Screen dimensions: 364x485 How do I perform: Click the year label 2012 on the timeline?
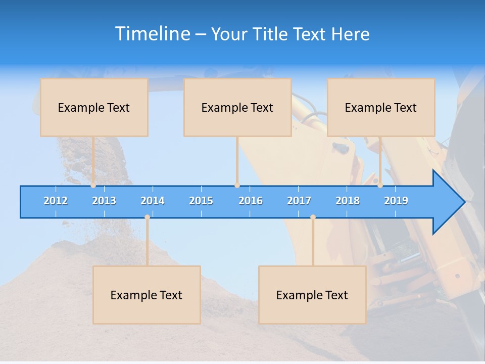(56, 201)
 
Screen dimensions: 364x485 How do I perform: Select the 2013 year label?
(104, 201)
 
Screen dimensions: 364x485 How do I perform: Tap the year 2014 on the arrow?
(153, 201)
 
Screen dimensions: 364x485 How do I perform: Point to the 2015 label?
(201, 201)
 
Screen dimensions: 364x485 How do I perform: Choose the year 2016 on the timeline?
(251, 201)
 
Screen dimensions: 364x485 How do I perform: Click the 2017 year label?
(299, 201)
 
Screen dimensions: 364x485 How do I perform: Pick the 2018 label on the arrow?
(348, 201)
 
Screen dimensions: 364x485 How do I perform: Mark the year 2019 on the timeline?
(396, 201)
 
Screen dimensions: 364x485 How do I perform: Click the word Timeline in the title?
(152, 34)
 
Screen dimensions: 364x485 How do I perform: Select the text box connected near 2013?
(94, 108)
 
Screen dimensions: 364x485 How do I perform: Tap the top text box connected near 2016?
(237, 108)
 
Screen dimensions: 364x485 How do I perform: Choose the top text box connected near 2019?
(381, 108)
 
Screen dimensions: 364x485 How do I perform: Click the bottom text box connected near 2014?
(147, 295)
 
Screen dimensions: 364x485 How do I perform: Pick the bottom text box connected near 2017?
(312, 295)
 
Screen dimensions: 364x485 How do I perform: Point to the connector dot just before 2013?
(93, 186)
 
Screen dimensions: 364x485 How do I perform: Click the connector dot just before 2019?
(380, 186)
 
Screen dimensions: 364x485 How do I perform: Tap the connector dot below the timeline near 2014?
(147, 217)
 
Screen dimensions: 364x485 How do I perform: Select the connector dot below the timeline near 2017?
(313, 217)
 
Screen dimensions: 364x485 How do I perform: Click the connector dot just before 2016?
(237, 186)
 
